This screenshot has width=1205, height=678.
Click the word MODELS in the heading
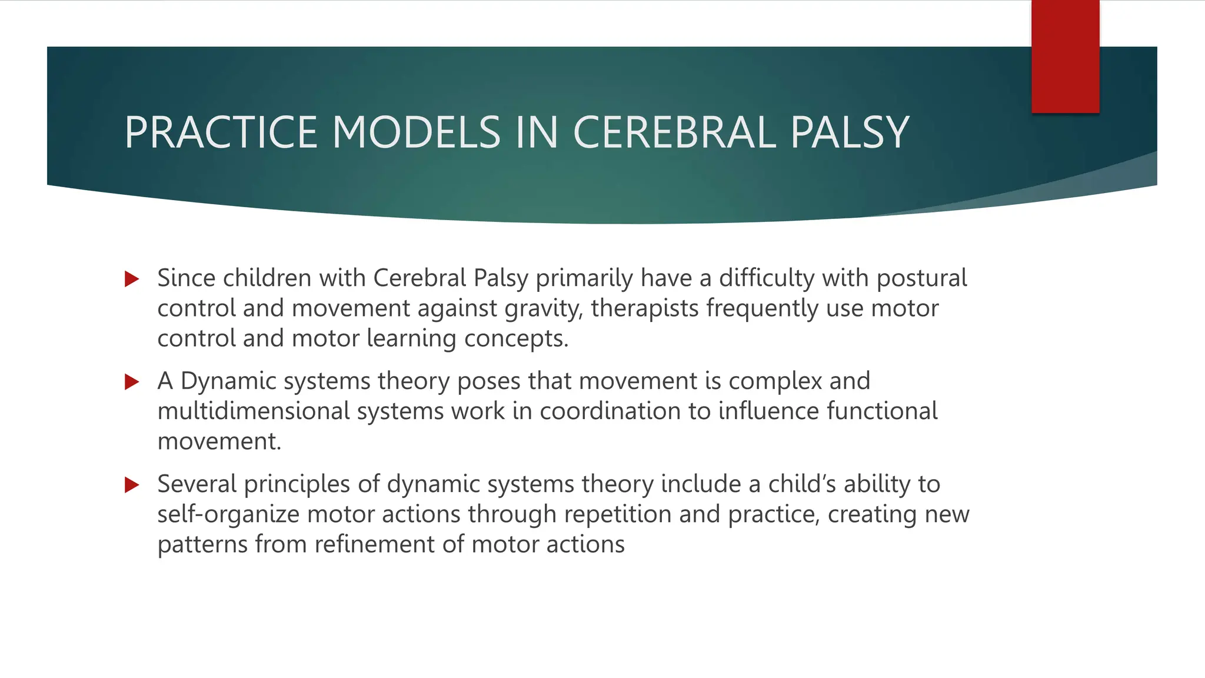(x=416, y=132)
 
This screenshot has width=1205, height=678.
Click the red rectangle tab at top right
(x=1065, y=56)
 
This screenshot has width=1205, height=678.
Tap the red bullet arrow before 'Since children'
(x=132, y=279)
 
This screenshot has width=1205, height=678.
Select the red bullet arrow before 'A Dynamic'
(x=132, y=382)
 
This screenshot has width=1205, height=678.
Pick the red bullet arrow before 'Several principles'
(x=132, y=485)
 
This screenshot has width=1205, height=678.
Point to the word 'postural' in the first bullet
(x=921, y=278)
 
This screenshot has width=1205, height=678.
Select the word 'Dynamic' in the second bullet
(x=228, y=381)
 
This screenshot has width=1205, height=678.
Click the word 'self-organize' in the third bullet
(x=228, y=514)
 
